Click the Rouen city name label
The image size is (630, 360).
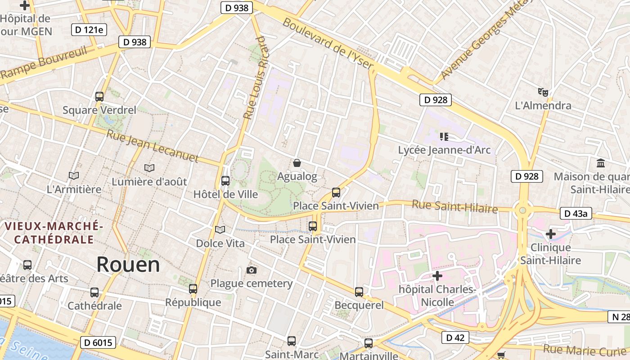tap(128, 265)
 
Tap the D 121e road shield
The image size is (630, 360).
tap(89, 30)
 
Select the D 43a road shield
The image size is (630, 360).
tap(576, 213)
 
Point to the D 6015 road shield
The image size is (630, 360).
tap(98, 342)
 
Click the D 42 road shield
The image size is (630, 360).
tap(455, 337)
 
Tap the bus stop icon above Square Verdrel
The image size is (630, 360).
tap(99, 96)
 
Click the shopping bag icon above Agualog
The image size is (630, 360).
tap(297, 162)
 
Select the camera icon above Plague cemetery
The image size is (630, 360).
tap(252, 270)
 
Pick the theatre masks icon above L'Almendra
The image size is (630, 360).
tap(543, 92)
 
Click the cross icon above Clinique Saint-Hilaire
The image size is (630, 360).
tap(550, 234)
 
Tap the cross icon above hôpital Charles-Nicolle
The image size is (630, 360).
tap(437, 275)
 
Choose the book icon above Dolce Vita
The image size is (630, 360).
tap(220, 230)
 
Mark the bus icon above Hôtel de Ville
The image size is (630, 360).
tap(225, 181)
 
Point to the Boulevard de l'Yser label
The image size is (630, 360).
tap(328, 44)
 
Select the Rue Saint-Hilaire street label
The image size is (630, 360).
tap(454, 207)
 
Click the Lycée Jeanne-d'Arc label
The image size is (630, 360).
tap(444, 150)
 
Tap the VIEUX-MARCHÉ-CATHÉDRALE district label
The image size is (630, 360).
tap(54, 232)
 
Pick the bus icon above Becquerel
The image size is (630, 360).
tap(359, 292)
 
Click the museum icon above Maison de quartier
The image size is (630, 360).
tap(600, 163)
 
